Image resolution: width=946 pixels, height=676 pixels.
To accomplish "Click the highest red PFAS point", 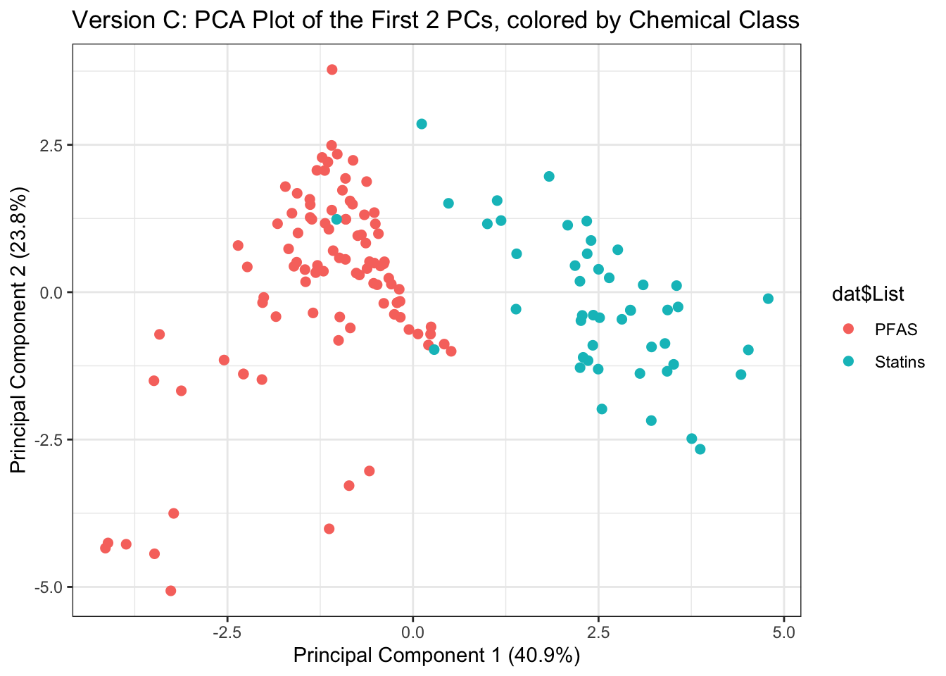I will (x=332, y=70).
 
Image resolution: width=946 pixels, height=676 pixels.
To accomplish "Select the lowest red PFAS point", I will (x=170, y=591).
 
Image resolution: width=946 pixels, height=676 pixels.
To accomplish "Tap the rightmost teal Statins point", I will (x=768, y=299).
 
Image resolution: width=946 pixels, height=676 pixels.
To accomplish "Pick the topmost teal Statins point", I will (x=422, y=124).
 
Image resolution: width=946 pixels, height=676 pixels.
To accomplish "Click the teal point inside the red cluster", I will (x=336, y=219).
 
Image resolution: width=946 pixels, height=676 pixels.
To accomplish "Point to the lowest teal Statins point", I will (x=700, y=449).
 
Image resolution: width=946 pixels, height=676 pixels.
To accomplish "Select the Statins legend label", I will (x=900, y=362).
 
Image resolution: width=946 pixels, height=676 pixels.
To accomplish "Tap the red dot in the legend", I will (x=848, y=329).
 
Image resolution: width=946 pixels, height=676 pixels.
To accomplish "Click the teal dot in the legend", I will (x=848, y=361).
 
